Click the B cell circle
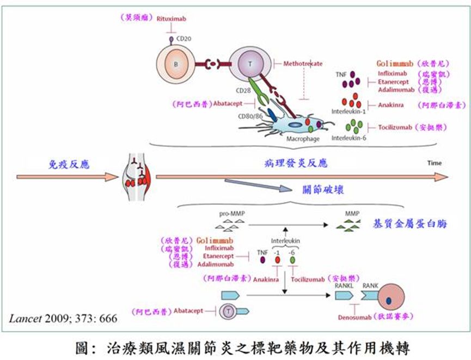coord(176,64)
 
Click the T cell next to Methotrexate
coord(249,64)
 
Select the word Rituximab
coord(173,19)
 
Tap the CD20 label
coord(185,39)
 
